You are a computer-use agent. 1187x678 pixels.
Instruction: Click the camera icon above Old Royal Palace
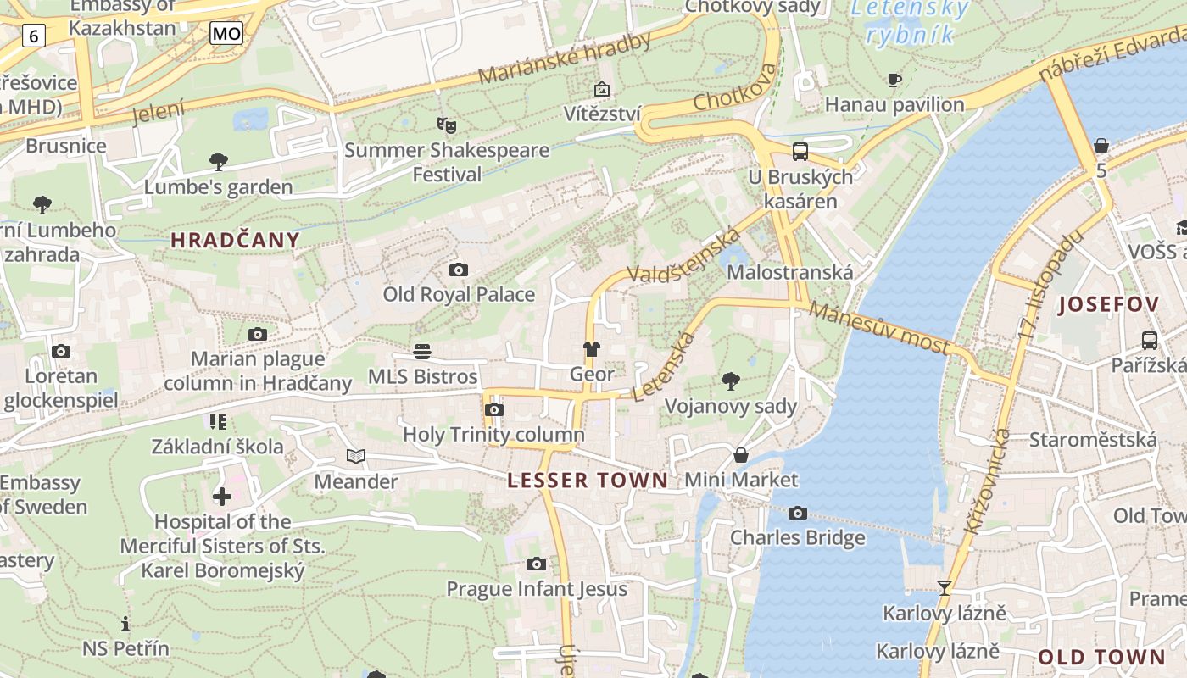pos(459,270)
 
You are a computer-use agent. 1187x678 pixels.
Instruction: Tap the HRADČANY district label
pos(236,240)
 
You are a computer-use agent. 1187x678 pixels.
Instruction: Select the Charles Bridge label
pos(798,537)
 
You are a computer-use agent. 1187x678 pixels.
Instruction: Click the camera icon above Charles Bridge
pos(797,513)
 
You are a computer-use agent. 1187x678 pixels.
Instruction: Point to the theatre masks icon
pos(447,126)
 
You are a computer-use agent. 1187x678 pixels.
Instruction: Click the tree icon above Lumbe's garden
pos(219,161)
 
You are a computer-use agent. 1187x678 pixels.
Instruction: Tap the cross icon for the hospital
pos(222,497)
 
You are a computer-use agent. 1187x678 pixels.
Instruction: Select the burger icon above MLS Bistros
pos(422,351)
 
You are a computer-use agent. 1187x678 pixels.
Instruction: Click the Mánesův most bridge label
pos(878,328)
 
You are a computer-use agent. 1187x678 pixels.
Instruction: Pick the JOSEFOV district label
pos(1108,305)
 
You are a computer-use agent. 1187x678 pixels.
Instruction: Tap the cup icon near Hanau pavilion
pos(894,81)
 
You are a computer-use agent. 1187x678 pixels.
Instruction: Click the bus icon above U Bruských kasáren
pos(800,152)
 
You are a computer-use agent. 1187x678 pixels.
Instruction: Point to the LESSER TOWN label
pos(588,481)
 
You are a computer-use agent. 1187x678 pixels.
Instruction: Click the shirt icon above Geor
pos(591,349)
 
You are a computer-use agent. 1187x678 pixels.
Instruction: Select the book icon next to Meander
pos(356,457)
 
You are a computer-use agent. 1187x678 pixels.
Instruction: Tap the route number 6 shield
pos(33,36)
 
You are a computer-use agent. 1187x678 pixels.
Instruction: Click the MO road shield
pos(226,34)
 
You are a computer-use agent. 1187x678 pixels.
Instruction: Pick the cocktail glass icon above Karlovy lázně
pos(944,587)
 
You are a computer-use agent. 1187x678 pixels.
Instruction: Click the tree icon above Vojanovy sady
pos(730,381)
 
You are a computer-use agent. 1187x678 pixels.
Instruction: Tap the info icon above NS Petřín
pos(125,624)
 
